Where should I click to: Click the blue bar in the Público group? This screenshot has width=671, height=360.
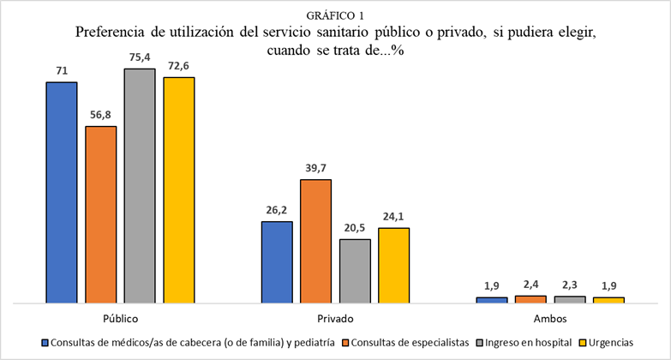point(62,193)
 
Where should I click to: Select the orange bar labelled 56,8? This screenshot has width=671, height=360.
point(101,214)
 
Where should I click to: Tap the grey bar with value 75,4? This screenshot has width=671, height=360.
point(140,185)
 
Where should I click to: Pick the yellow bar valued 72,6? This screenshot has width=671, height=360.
point(179,190)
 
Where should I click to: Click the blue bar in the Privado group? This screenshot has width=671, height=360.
point(277,262)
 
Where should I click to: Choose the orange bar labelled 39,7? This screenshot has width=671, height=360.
point(315,241)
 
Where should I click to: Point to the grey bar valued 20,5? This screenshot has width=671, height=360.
point(355,271)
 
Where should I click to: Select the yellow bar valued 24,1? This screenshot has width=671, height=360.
point(394,265)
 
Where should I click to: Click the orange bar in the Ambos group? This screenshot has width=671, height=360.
point(530,299)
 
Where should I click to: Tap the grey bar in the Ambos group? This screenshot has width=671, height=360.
point(570,299)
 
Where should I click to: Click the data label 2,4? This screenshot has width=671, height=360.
point(530,283)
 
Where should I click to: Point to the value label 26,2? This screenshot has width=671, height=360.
point(277,208)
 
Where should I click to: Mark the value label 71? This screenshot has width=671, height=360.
point(62,69)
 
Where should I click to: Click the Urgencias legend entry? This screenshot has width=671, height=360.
point(609,343)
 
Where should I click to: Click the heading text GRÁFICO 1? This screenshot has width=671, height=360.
point(334,15)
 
